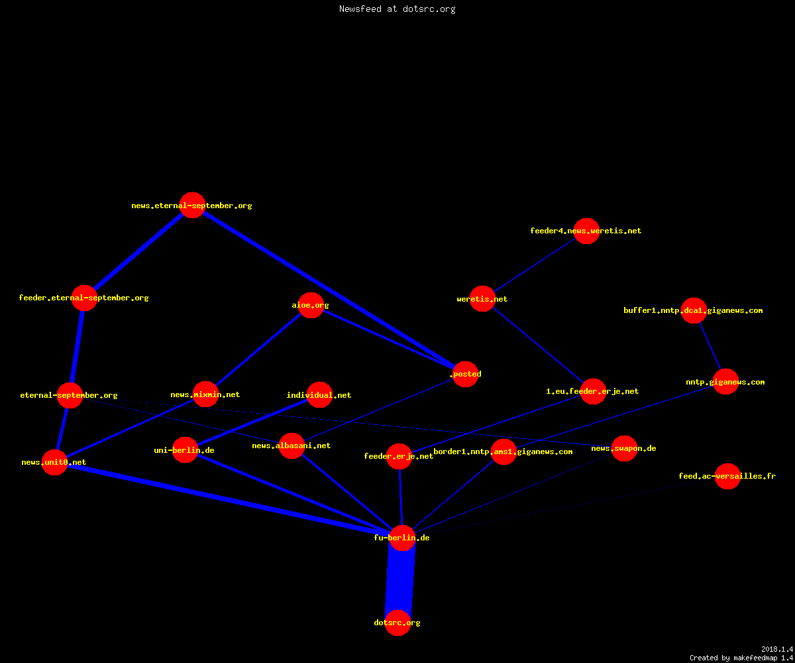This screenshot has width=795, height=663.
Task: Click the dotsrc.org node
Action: [397, 623]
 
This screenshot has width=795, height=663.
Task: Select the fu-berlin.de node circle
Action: [402, 538]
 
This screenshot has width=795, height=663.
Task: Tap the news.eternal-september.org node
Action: [192, 206]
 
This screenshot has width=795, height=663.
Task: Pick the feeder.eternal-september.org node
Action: [84, 298]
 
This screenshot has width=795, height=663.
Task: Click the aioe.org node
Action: [311, 305]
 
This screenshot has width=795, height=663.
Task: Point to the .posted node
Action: [465, 374]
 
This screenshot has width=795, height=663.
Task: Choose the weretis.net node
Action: [482, 299]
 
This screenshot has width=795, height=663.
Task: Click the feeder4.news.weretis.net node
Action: [586, 231]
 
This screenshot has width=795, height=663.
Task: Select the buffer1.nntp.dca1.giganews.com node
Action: [694, 310]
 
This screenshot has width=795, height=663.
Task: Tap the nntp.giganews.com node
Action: [725, 382]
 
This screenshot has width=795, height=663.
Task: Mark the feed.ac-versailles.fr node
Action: [727, 476]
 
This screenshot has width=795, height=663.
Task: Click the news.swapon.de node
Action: [625, 448]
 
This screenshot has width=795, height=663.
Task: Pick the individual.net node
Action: [319, 394]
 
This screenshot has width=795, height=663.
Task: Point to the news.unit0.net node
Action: [54, 462]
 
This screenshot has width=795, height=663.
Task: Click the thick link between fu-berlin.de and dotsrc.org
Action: [399, 580]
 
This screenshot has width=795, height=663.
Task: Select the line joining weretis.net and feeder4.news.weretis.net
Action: [535, 265]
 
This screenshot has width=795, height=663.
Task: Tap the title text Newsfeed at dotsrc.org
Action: [397, 9]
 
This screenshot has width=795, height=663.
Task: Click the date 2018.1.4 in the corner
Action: [777, 649]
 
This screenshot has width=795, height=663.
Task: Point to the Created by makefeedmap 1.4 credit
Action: [741, 658]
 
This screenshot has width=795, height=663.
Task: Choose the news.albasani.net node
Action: [291, 446]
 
